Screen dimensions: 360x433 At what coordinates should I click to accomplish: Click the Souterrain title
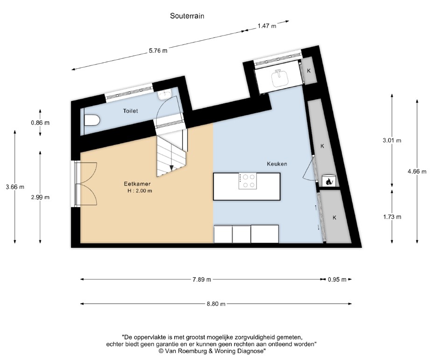click(x=187, y=15)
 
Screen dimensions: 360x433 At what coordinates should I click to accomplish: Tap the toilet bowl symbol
click(x=92, y=121)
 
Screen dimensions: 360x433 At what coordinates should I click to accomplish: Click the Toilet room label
click(x=130, y=111)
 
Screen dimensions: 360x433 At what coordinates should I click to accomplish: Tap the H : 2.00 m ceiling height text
click(x=140, y=191)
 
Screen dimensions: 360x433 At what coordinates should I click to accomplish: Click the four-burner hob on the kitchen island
click(x=247, y=181)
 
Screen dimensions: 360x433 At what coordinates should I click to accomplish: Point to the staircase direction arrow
click(x=172, y=167)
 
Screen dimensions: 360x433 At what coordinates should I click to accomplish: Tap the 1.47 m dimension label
click(x=267, y=26)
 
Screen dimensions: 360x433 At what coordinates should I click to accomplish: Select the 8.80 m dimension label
click(x=216, y=304)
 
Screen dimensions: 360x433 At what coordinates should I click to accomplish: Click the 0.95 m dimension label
click(x=337, y=280)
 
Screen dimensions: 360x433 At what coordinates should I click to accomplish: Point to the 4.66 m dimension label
click(x=417, y=172)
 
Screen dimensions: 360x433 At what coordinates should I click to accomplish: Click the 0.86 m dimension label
click(x=40, y=123)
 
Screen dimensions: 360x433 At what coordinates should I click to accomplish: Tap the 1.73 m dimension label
click(x=392, y=216)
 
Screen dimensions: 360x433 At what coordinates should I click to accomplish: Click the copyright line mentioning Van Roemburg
click(x=213, y=350)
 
